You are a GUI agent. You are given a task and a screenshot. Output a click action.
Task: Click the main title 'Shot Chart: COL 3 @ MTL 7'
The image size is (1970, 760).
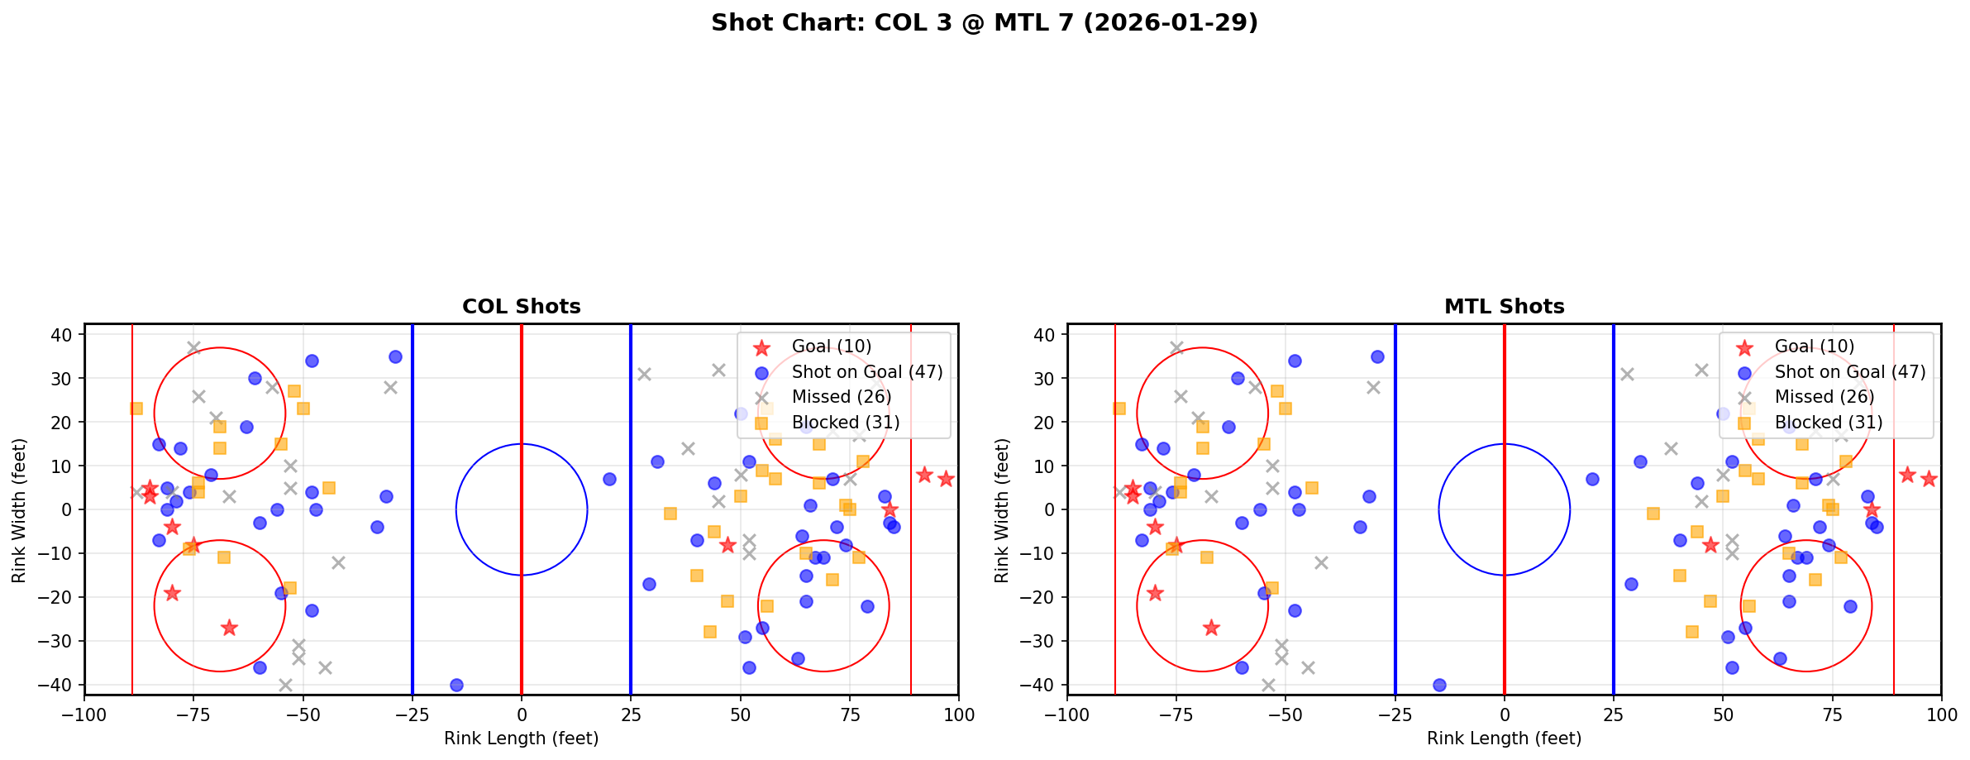pyautogui.click(x=984, y=22)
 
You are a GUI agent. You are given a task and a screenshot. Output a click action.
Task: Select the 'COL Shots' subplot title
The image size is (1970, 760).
pyautogui.click(x=521, y=307)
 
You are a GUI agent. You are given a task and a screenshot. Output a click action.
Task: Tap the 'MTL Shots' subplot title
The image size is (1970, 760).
pyautogui.click(x=1504, y=307)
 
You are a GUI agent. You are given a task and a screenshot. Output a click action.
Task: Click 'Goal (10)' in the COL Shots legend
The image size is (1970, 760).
pyautogui.click(x=831, y=347)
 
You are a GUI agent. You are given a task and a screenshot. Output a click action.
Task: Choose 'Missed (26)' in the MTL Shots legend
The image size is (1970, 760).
pyautogui.click(x=1824, y=397)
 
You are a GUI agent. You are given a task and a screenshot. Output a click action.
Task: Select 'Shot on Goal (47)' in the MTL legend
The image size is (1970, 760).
pyautogui.click(x=1850, y=372)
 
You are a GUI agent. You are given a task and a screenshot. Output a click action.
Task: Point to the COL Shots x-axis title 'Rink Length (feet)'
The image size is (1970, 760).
pyautogui.click(x=521, y=738)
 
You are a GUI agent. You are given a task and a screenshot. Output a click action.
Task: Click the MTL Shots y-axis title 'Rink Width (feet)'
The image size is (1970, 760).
pyautogui.click(x=1002, y=509)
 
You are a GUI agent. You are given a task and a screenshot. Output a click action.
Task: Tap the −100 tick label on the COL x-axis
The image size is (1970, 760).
pyautogui.click(x=84, y=715)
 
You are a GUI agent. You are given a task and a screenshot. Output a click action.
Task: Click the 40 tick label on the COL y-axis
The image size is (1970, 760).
pyautogui.click(x=66, y=335)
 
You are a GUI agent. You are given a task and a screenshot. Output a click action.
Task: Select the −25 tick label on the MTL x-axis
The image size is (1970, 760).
pyautogui.click(x=1395, y=715)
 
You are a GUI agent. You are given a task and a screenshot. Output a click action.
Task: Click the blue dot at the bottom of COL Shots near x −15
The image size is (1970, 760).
pyautogui.click(x=456, y=685)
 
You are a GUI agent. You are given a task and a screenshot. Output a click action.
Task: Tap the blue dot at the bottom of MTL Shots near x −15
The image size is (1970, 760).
pyautogui.click(x=1439, y=685)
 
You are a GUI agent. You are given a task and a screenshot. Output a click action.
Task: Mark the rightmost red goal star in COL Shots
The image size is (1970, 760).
pyautogui.click(x=946, y=479)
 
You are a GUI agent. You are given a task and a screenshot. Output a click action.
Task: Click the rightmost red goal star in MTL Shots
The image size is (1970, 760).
pyautogui.click(x=1929, y=479)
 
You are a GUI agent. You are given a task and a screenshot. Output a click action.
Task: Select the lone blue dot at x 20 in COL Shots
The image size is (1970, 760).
pyautogui.click(x=609, y=479)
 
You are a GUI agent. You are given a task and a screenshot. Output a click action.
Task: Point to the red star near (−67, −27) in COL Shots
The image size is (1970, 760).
pyautogui.click(x=229, y=628)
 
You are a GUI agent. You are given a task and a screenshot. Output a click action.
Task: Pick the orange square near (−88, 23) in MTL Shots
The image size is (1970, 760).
pyautogui.click(x=1119, y=409)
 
